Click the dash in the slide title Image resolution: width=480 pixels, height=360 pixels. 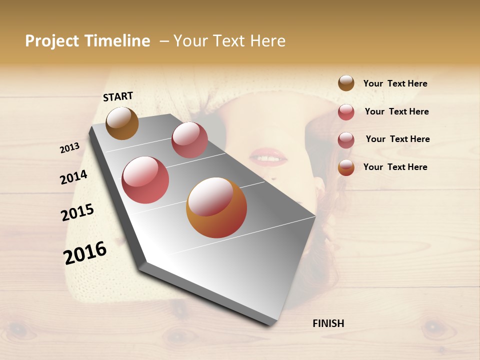164,41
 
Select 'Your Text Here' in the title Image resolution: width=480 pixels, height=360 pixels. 229,41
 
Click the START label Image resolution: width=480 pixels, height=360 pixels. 118,96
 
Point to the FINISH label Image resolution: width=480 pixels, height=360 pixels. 328,323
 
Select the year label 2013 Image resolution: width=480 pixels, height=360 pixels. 69,148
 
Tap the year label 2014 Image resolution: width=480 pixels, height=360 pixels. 73,177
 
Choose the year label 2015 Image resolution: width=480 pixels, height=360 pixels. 77,212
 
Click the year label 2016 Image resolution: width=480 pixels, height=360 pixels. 85,252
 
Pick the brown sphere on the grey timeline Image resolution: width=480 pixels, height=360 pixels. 122,123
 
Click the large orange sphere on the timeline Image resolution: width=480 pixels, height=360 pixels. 216,207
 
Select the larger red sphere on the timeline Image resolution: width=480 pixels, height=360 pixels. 145,180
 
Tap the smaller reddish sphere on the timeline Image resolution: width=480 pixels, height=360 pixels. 189,140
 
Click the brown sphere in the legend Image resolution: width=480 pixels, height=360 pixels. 346,83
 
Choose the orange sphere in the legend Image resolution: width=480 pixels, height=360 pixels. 346,167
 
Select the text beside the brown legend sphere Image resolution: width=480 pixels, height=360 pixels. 395,84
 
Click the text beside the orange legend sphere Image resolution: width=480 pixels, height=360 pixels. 395,167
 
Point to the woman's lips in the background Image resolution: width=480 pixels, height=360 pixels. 268,156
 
